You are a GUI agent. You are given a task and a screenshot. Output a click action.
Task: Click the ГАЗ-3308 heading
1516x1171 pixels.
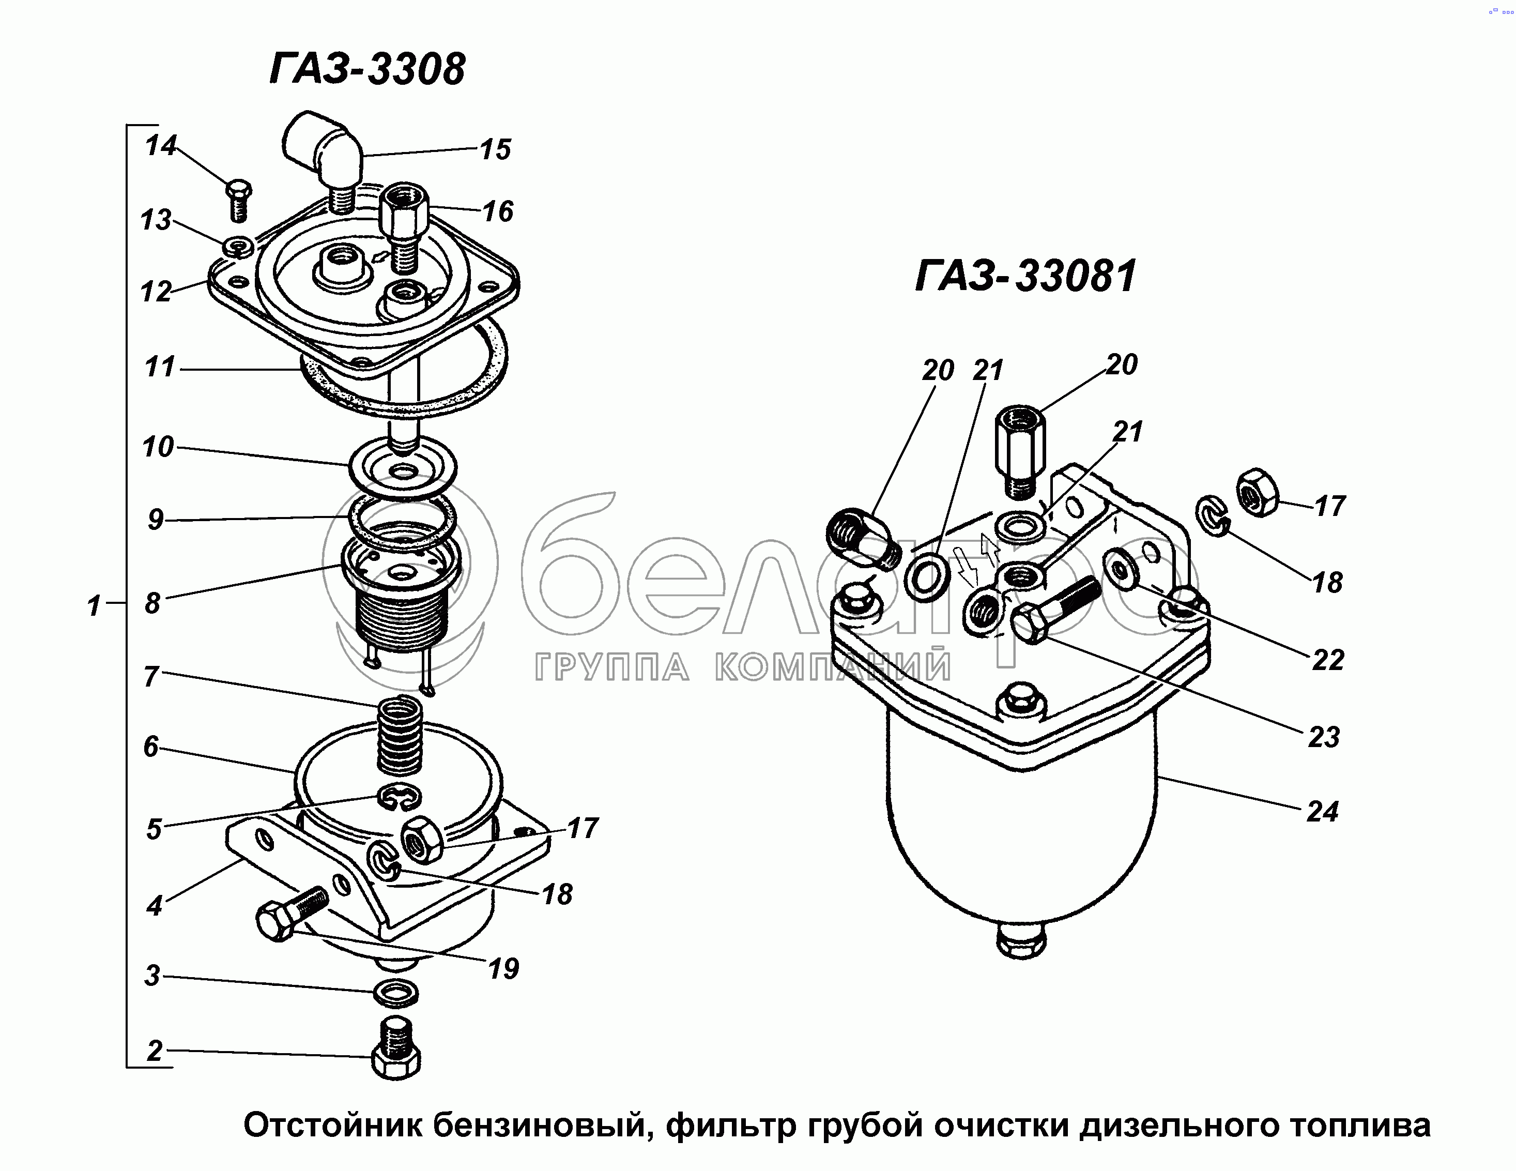(x=367, y=69)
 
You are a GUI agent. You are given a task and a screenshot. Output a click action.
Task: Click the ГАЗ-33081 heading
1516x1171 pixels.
(x=1026, y=276)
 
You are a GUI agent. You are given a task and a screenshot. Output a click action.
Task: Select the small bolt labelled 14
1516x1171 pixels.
(x=239, y=199)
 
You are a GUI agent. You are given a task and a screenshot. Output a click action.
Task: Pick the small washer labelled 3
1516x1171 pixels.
(x=395, y=993)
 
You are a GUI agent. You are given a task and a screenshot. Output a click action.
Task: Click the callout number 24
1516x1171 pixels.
(x=1322, y=811)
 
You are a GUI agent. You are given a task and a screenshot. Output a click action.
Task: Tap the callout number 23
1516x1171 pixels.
(x=1323, y=737)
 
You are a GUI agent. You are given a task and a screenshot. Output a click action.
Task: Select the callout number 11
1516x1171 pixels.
(x=159, y=367)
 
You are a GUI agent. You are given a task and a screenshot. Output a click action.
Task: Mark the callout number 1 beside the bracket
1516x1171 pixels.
(x=94, y=605)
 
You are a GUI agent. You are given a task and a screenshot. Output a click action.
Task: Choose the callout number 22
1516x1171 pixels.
(x=1327, y=659)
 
